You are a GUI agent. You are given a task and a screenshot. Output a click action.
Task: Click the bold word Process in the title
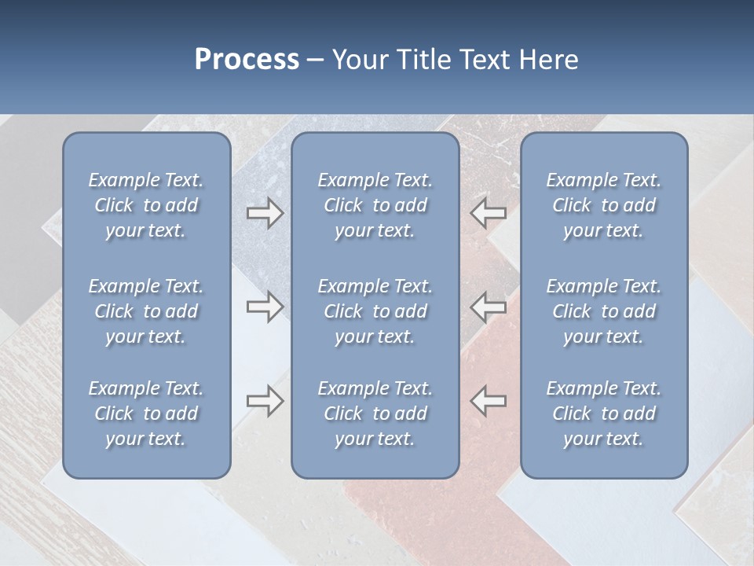(x=247, y=60)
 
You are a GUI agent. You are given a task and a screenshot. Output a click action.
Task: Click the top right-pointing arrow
(x=265, y=213)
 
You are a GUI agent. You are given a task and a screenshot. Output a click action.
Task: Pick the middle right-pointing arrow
(x=265, y=307)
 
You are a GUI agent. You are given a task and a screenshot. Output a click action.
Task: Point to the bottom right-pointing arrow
(x=265, y=401)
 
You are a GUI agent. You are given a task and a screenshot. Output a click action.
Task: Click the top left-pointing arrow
(x=489, y=213)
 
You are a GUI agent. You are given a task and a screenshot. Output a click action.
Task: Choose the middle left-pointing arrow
(x=489, y=307)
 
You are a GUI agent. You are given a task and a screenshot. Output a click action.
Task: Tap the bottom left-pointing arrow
(x=489, y=401)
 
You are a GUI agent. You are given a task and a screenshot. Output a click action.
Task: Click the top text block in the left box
(x=146, y=205)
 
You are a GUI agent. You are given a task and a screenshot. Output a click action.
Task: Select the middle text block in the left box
(x=146, y=311)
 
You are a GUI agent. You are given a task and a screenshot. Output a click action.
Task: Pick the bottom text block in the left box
(x=146, y=413)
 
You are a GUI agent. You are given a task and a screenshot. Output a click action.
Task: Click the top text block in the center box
(x=375, y=205)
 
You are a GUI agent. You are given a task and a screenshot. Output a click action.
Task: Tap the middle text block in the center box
(x=375, y=311)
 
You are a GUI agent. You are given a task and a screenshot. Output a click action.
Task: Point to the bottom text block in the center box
(x=375, y=413)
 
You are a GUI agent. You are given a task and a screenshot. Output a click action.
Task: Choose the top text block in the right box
(x=604, y=205)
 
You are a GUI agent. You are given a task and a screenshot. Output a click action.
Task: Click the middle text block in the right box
(x=604, y=311)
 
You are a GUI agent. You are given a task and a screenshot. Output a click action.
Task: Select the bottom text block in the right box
(x=604, y=413)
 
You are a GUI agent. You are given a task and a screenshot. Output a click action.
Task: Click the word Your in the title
(x=357, y=60)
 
